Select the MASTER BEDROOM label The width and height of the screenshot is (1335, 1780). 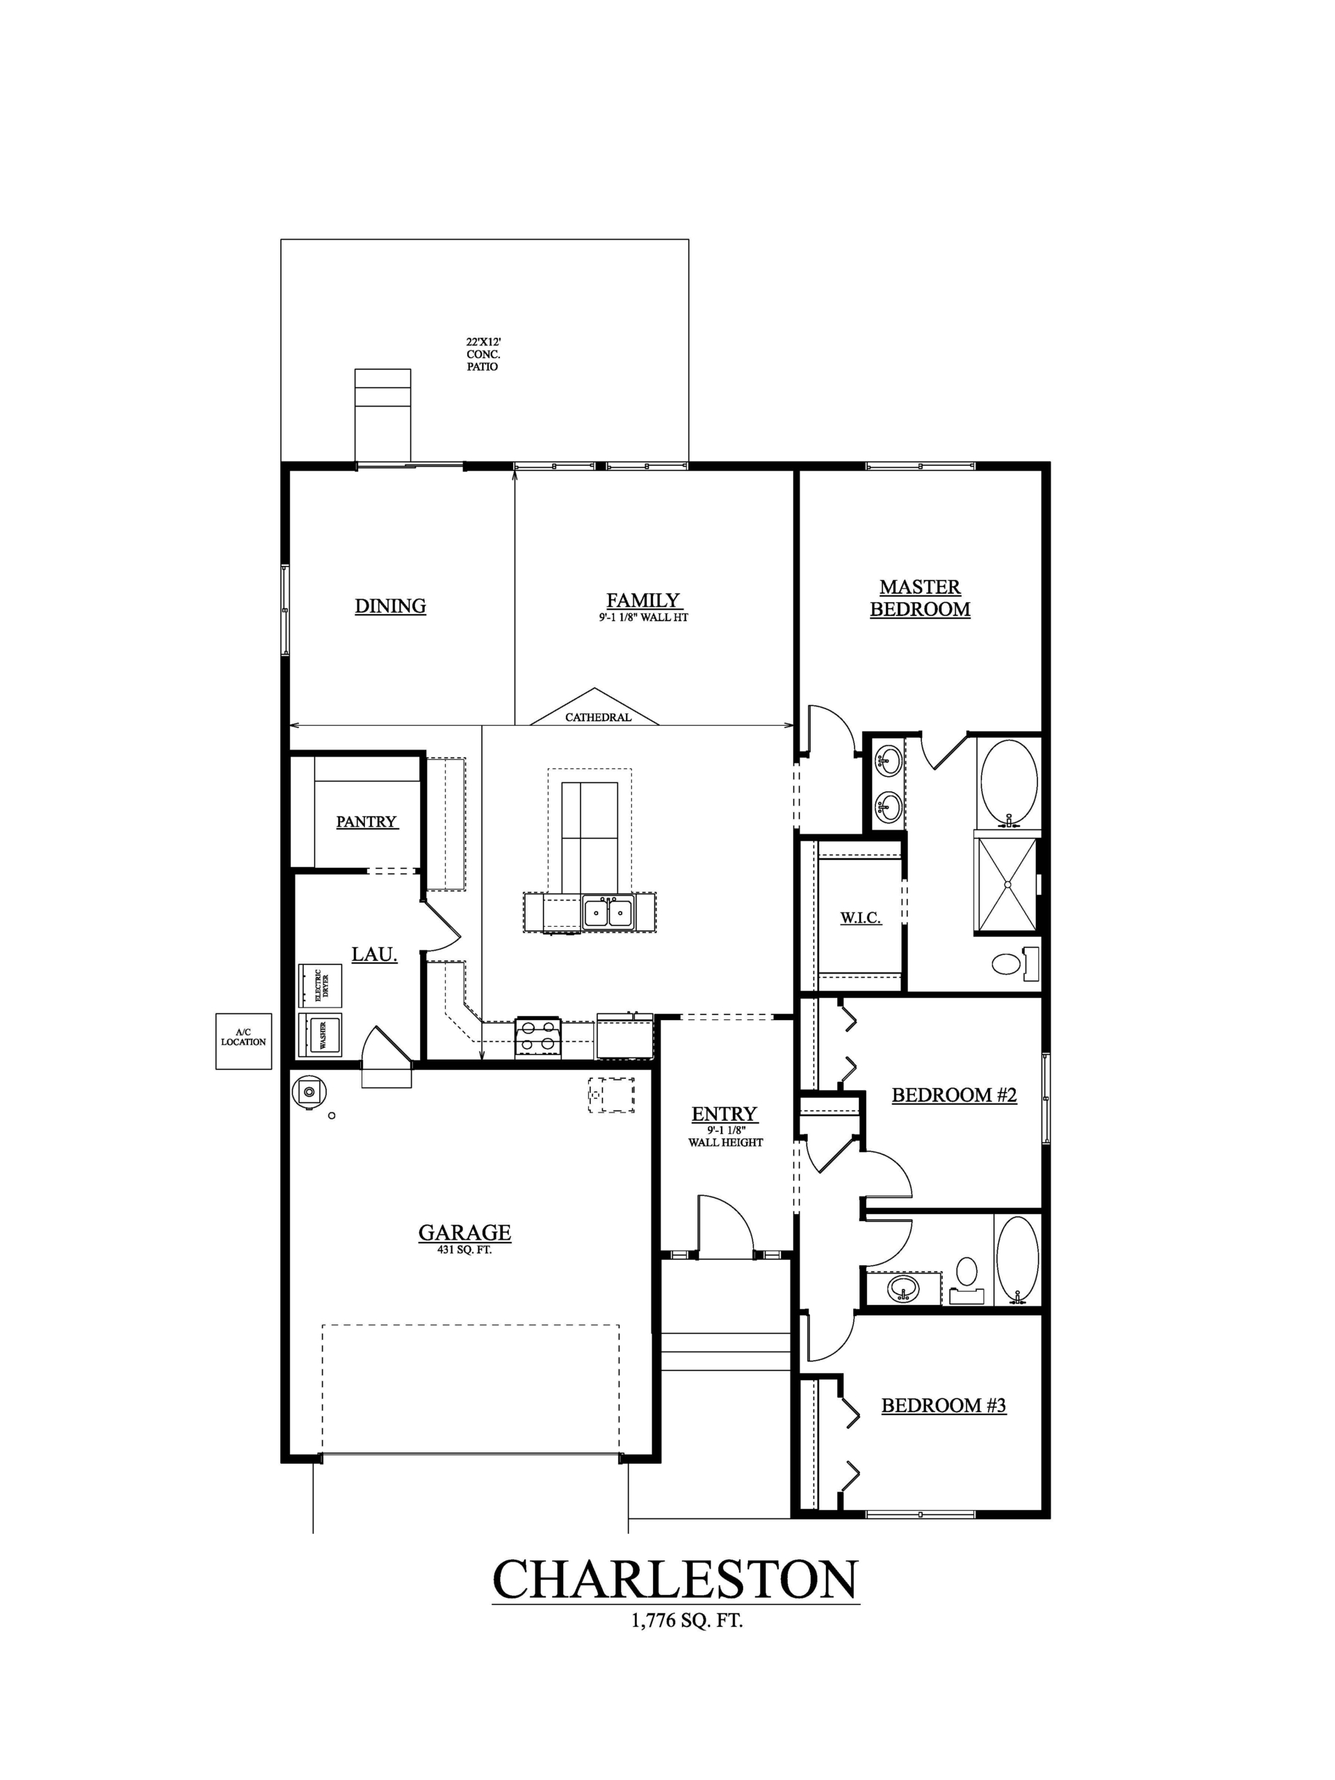(x=920, y=599)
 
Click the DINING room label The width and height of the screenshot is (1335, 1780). (x=390, y=606)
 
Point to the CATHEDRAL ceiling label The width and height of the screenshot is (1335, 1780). (x=598, y=717)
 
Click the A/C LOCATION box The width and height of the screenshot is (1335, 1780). (x=243, y=1042)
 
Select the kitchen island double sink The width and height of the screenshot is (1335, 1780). (x=608, y=912)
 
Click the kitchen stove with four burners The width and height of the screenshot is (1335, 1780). (x=537, y=1037)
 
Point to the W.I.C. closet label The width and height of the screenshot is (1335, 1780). (x=860, y=917)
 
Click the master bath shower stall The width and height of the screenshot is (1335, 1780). (x=1007, y=884)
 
